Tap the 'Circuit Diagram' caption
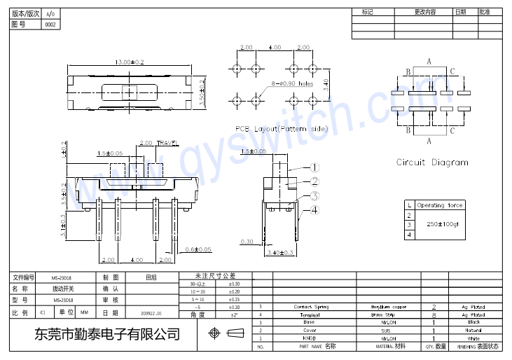click(432, 162)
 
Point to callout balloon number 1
click(314, 167)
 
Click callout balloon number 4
click(314, 210)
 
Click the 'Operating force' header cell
click(440, 205)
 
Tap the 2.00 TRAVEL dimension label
click(160, 143)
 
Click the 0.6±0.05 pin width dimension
click(199, 249)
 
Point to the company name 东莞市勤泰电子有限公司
click(107, 334)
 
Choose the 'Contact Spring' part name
click(311, 307)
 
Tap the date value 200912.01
click(151, 313)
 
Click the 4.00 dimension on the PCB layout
click(274, 48)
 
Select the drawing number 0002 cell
click(50, 25)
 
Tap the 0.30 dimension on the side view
click(247, 242)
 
